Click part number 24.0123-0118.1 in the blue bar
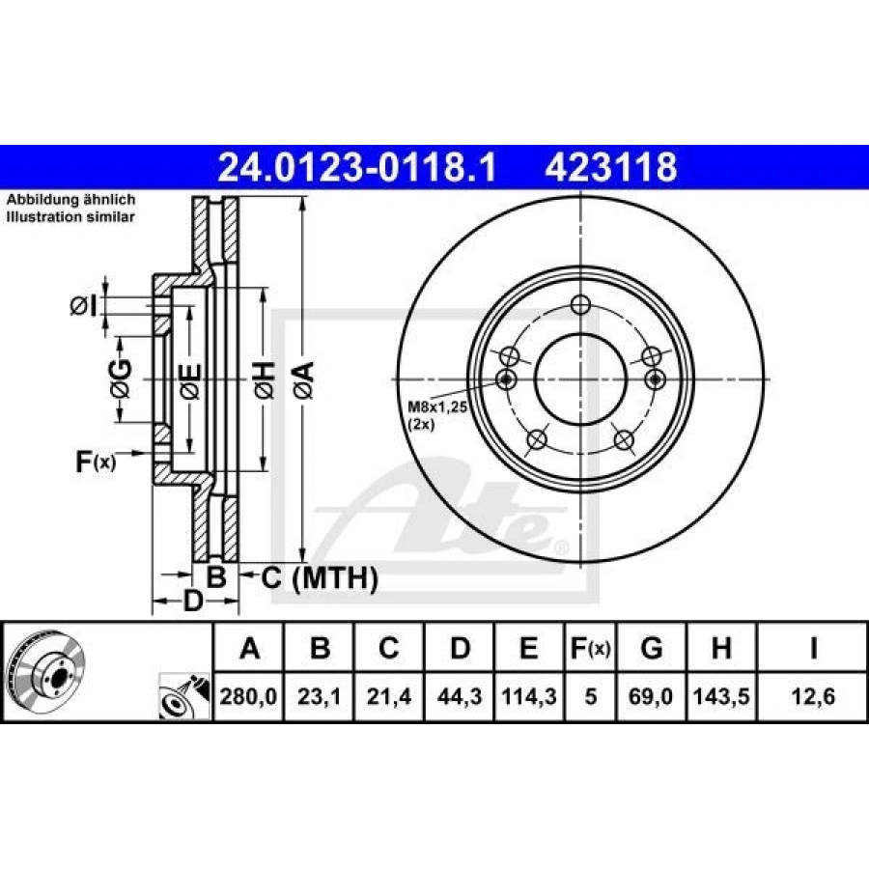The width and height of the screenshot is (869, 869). (x=357, y=168)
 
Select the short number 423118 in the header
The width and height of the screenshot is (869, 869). (x=611, y=168)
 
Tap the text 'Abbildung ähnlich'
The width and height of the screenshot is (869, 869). (x=71, y=200)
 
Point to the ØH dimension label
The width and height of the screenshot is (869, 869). (x=264, y=378)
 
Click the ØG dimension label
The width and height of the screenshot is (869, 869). (x=120, y=378)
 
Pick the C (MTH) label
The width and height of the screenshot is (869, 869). (x=318, y=578)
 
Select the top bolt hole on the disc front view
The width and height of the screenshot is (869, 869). (x=579, y=305)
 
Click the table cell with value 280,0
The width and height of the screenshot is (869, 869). (x=249, y=695)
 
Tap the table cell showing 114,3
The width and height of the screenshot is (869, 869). (x=528, y=695)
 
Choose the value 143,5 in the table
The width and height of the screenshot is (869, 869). (x=721, y=695)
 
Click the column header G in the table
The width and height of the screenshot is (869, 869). (x=652, y=648)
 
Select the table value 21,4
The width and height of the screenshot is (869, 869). (x=388, y=695)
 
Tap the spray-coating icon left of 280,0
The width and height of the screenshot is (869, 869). (x=182, y=695)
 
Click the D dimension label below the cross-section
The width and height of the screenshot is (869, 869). (x=194, y=603)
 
